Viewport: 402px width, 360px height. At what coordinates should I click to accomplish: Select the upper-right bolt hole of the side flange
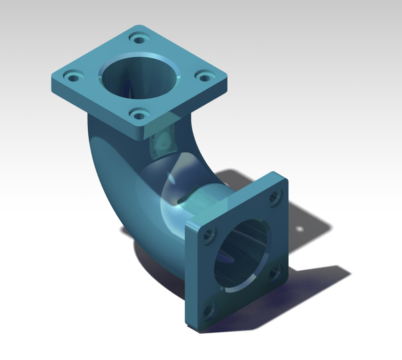click(275, 196)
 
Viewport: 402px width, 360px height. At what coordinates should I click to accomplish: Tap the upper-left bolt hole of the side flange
click(209, 235)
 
